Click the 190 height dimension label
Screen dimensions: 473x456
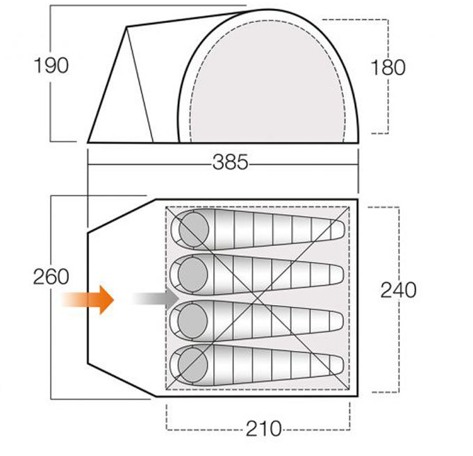[51, 65]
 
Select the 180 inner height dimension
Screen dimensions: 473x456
[388, 67]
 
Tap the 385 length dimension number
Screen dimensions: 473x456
[230, 162]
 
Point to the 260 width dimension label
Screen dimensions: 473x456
[51, 277]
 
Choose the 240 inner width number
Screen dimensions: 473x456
[398, 290]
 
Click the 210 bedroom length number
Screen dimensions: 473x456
[263, 428]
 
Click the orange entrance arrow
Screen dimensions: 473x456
[88, 300]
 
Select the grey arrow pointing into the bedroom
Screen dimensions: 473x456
[156, 299]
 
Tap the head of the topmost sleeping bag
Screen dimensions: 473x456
[193, 229]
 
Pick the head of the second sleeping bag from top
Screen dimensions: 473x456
[193, 275]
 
